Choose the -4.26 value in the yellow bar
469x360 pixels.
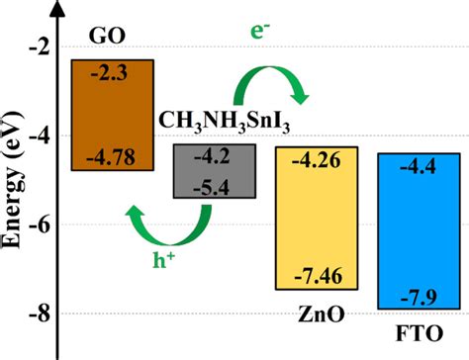pyautogui.click(x=315, y=158)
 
